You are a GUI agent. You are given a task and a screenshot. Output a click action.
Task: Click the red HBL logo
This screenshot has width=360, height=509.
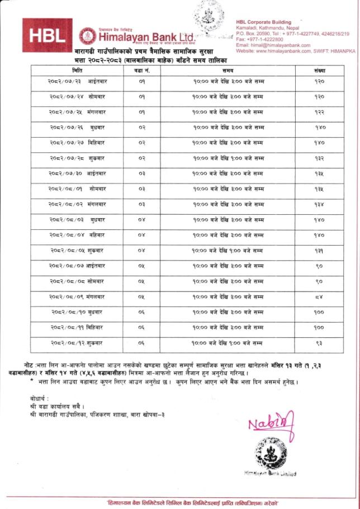tap(47, 35)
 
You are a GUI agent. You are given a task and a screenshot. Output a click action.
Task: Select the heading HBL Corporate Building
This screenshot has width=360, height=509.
tap(263, 22)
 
